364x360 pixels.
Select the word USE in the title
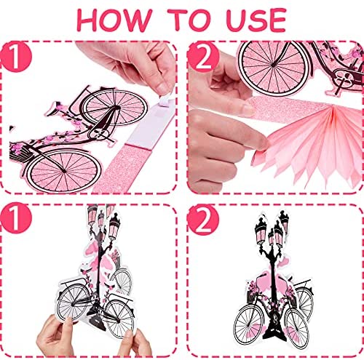pos(256,20)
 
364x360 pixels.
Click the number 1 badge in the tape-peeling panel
pos(16,57)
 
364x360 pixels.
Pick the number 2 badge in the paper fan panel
pos(203,57)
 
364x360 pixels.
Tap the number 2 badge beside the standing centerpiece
pos(203,220)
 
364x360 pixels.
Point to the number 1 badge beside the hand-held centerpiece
pos(16,217)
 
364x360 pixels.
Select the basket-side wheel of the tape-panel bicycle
pos(63,171)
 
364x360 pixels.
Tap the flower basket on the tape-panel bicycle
pos(20,153)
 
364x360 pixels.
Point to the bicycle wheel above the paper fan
pos(274,65)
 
